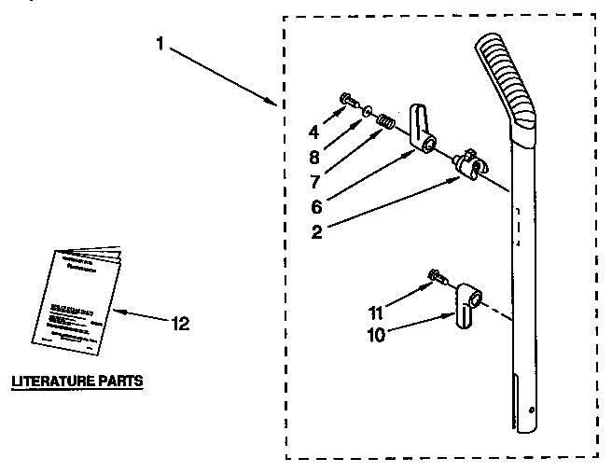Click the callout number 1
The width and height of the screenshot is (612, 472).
coord(161,43)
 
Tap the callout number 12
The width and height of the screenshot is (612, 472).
coord(180,324)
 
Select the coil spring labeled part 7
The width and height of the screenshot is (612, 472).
coord(384,120)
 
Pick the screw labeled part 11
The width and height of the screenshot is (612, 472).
coord(436,274)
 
